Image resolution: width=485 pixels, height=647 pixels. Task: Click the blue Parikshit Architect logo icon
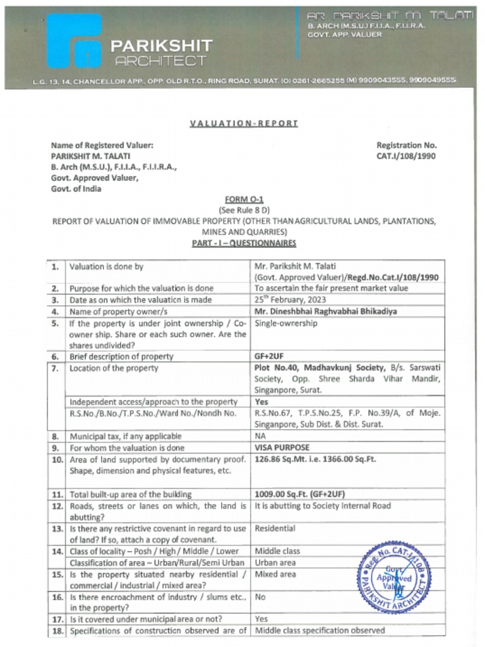[x=74, y=41]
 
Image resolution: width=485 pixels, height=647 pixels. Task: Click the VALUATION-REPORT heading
[x=243, y=123]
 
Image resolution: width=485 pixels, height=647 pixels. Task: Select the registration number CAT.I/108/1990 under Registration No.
[x=406, y=156]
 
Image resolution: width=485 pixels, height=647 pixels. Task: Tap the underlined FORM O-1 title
[x=244, y=199]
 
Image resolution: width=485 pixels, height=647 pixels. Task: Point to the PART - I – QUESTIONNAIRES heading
[x=244, y=243]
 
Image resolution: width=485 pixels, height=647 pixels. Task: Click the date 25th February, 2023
[x=290, y=299]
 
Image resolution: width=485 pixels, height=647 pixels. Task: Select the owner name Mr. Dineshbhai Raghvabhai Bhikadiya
[x=325, y=311]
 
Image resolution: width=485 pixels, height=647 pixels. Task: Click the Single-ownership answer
[x=285, y=323]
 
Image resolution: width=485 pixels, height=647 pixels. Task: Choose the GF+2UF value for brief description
[x=269, y=356]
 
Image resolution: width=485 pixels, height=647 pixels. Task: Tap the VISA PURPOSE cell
[x=282, y=447]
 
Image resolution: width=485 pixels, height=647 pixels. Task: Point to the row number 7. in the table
[x=56, y=368]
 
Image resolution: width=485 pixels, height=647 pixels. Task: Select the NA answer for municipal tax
[x=260, y=436]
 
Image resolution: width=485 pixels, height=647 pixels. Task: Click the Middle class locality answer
[x=277, y=551]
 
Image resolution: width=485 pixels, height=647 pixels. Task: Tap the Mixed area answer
[x=275, y=574]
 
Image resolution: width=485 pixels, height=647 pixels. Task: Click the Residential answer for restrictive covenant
[x=275, y=528]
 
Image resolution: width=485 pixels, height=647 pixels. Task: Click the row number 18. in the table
[x=57, y=631]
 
